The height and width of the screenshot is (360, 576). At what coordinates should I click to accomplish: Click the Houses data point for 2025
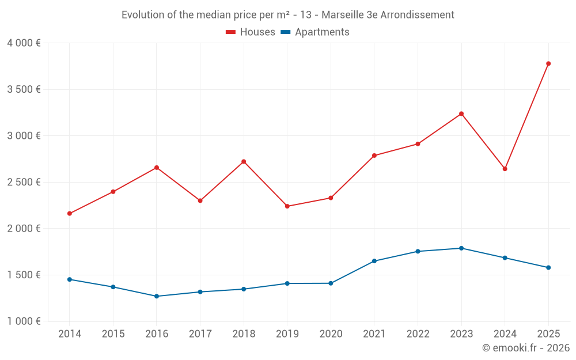pyautogui.click(x=548, y=63)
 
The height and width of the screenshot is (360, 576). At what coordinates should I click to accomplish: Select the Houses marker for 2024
pyautogui.click(x=505, y=169)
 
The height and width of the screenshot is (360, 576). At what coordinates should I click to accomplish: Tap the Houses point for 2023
pyautogui.click(x=461, y=113)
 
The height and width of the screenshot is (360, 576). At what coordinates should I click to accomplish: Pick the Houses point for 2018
pyautogui.click(x=244, y=161)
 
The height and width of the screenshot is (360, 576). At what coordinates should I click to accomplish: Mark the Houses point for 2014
pyautogui.click(x=69, y=214)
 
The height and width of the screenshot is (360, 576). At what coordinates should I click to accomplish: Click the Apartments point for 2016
pyautogui.click(x=157, y=296)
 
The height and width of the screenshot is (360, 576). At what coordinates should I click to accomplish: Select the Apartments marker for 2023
pyautogui.click(x=461, y=248)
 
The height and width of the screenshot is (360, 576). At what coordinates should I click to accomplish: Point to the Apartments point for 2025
pyautogui.click(x=548, y=267)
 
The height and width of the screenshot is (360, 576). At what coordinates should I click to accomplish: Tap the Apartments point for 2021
pyautogui.click(x=374, y=261)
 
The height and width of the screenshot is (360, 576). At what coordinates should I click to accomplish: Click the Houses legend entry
pyautogui.click(x=251, y=32)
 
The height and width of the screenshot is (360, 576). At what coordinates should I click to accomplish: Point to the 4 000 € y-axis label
pyautogui.click(x=24, y=43)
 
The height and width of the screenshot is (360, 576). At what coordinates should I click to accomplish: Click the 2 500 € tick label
pyautogui.click(x=24, y=182)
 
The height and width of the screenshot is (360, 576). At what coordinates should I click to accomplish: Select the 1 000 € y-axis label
pyautogui.click(x=24, y=321)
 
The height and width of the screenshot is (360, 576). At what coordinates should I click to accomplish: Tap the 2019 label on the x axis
pyautogui.click(x=287, y=334)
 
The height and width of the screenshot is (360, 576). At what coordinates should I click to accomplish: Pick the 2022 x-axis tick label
pyautogui.click(x=418, y=334)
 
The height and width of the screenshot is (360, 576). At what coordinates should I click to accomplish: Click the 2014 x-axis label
pyautogui.click(x=69, y=334)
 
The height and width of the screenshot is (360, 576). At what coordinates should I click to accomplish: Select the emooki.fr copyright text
pyautogui.click(x=526, y=348)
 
